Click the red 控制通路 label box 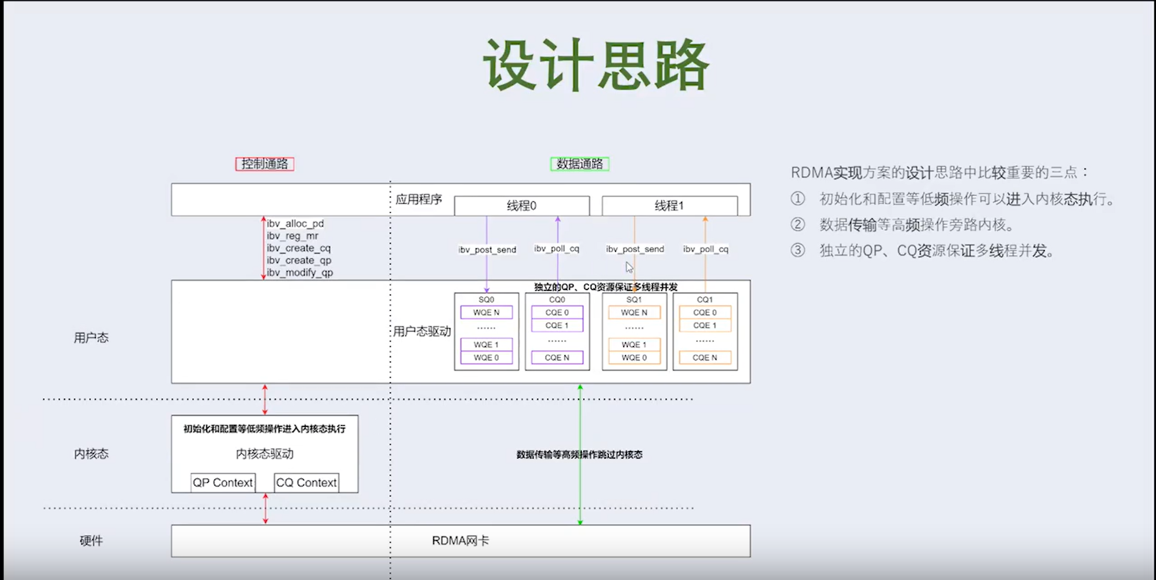pos(265,164)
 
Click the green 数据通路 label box pos(579,164)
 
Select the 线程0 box pos(521,206)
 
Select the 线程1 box pos(669,206)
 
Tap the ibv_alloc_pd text pos(295,223)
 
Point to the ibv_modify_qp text pos(299,272)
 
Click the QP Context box pos(223,483)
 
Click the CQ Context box pos(306,483)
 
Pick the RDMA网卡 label pos(460,541)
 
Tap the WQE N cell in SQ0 pos(486,313)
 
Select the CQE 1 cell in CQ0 pos(557,325)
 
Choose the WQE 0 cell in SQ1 pos(634,357)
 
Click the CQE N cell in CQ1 pos(705,357)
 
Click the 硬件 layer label pos(91,541)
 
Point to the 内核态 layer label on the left pos(91,454)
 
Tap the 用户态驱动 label pos(422,332)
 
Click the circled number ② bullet pos(798,224)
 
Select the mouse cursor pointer pos(629,267)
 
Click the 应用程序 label pos(418,200)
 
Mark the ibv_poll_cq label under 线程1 pos(706,249)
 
